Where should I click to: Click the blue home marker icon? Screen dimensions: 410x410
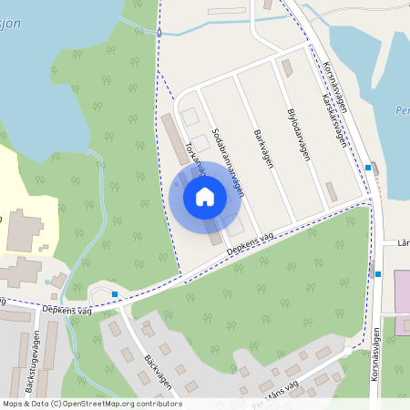click(x=205, y=196)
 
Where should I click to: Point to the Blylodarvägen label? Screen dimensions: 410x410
click(x=299, y=136)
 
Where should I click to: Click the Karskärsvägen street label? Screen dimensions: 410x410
click(x=334, y=118)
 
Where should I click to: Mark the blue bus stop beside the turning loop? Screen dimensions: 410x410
click(x=116, y=293)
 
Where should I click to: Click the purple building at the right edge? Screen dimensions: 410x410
click(x=402, y=289)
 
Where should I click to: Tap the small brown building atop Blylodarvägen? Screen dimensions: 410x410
click(x=288, y=69)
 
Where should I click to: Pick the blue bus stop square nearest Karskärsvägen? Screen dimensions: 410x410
click(x=367, y=167)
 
